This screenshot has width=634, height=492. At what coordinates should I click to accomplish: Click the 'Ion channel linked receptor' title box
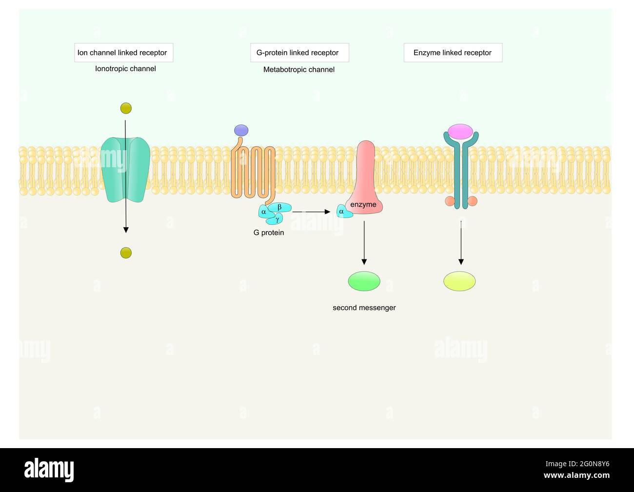click(123, 53)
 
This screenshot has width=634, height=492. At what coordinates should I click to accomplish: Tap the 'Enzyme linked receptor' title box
click(453, 53)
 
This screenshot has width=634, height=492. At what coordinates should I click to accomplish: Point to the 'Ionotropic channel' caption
click(125, 69)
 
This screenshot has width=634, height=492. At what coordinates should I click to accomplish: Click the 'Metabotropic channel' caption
click(298, 70)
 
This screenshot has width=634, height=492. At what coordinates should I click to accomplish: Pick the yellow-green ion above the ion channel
click(126, 108)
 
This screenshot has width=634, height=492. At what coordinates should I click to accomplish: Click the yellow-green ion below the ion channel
click(126, 253)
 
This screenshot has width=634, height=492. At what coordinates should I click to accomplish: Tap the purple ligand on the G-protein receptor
click(241, 130)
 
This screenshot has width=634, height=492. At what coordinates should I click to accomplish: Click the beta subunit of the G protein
click(280, 207)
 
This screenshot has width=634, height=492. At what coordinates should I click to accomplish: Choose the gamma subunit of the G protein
click(276, 220)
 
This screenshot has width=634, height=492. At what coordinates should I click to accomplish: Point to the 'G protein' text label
click(268, 233)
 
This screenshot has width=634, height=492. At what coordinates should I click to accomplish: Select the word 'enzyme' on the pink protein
click(363, 204)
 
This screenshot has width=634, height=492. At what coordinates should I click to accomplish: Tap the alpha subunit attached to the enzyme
click(342, 212)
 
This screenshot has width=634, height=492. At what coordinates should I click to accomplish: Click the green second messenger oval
click(364, 281)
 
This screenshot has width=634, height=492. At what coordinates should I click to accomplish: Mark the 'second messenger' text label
click(364, 308)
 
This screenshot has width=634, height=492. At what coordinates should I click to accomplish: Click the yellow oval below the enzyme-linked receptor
click(459, 281)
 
